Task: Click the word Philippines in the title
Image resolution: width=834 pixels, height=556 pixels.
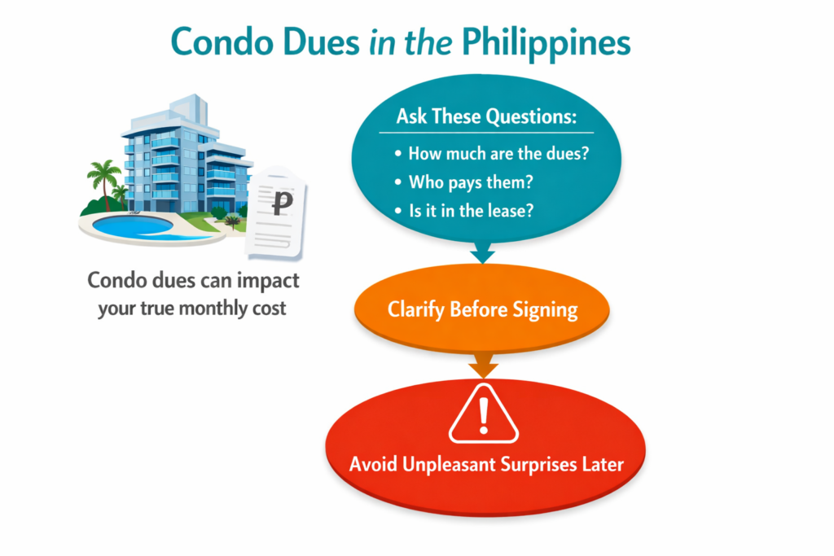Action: (560, 42)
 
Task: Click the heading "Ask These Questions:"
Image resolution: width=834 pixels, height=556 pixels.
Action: (486, 116)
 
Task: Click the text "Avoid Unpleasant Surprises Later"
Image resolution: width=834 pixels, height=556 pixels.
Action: (486, 465)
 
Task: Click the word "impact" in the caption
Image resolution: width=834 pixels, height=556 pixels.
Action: (265, 282)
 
